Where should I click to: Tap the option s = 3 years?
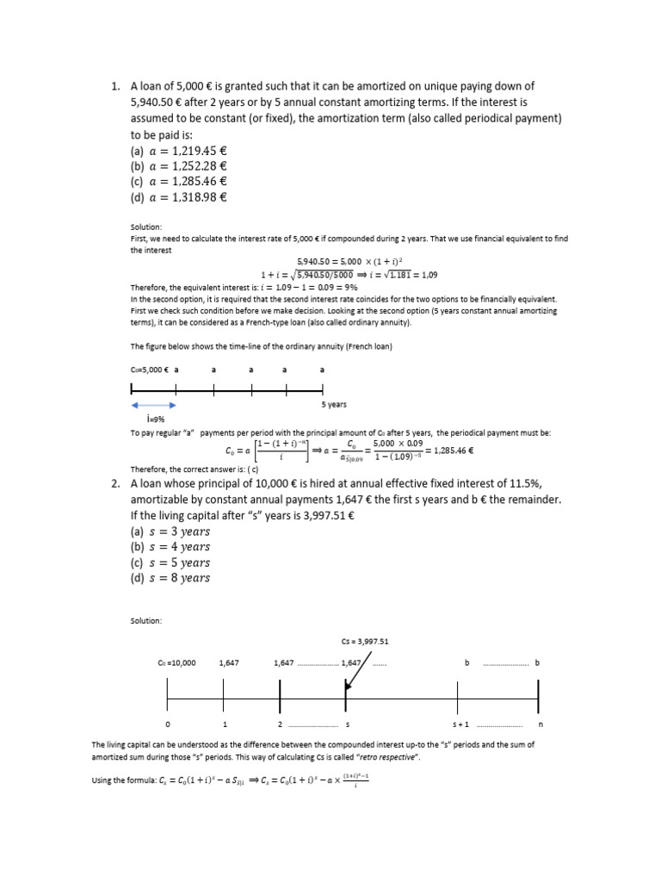(170, 531)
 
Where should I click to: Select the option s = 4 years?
(170, 546)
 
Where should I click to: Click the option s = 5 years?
(170, 562)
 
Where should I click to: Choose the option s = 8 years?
(170, 578)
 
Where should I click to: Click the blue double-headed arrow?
(153, 404)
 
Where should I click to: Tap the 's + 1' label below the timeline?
(460, 725)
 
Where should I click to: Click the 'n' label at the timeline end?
(540, 725)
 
